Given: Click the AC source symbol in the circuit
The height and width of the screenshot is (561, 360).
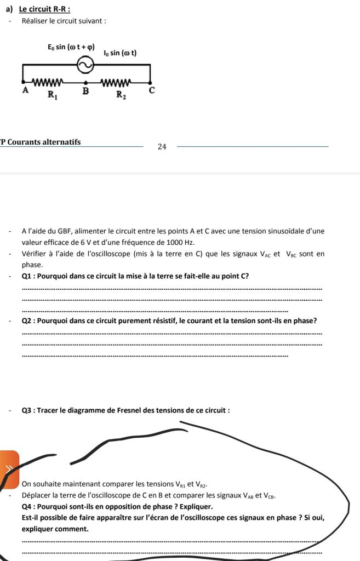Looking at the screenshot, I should tap(85, 65).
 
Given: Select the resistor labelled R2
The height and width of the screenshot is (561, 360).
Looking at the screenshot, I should tap(116, 83).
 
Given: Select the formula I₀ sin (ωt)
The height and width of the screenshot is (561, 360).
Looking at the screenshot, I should tap(120, 53).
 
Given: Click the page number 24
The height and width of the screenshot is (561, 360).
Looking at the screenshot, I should tap(162, 146).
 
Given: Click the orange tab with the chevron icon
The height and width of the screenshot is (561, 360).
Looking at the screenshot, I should tap(9, 468).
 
